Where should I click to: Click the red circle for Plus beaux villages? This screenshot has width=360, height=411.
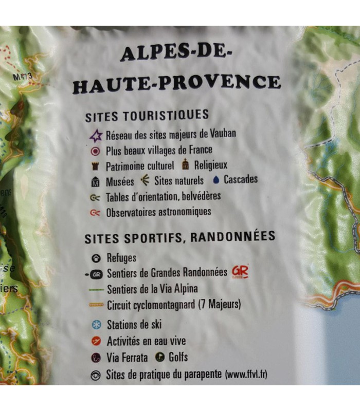pos(95,152)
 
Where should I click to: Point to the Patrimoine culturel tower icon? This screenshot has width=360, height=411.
pos(95,166)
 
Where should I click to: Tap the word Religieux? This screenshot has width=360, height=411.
pos(210,165)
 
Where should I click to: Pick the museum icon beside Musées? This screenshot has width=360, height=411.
pos(95,182)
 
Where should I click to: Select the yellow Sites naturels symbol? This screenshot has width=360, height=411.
pos(146,180)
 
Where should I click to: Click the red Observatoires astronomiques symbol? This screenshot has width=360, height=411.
pos(95,212)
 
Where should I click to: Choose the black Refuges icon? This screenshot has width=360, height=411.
pos(95,258)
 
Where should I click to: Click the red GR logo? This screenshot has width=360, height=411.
pos(240,271)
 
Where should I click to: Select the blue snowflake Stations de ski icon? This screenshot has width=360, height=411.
pos(95,325)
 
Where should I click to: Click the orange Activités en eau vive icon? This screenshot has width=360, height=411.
pos(95,341)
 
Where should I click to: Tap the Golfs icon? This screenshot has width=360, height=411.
pos(159,357)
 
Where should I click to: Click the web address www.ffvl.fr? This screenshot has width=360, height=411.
pos(246,374)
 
